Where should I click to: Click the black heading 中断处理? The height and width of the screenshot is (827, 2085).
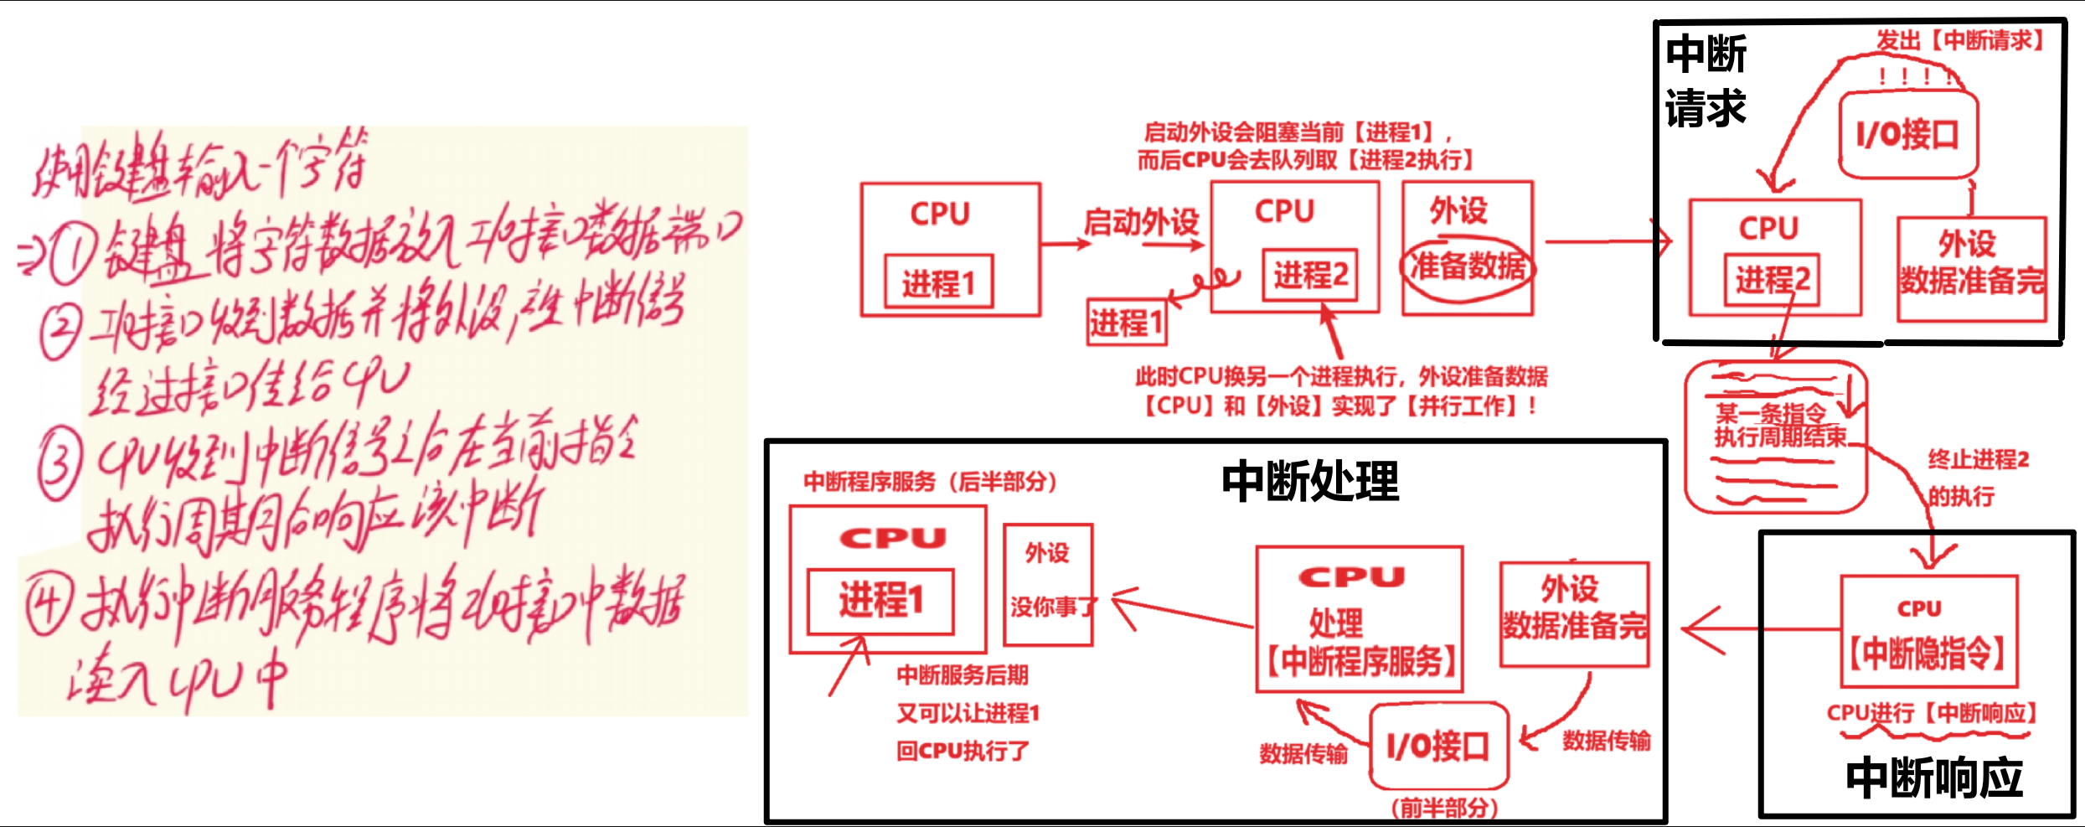click(x=1310, y=482)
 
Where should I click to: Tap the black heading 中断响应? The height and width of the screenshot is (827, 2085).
click(x=1934, y=778)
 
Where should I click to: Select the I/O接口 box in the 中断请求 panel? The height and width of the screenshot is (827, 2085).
click(x=1908, y=135)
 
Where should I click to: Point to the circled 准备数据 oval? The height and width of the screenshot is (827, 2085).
click(x=1468, y=266)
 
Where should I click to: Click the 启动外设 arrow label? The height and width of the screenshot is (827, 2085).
click(x=1141, y=223)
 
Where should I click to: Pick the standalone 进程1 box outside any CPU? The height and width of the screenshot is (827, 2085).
click(x=1126, y=323)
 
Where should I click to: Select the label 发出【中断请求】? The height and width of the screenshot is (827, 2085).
click(x=1959, y=40)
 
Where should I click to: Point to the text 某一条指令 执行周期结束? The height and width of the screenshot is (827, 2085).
click(x=1779, y=426)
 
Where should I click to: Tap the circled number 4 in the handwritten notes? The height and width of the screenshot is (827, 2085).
click(x=49, y=605)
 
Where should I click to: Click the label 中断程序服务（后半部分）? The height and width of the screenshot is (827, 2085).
click(x=930, y=482)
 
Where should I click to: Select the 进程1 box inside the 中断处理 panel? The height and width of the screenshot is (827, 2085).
click(x=880, y=601)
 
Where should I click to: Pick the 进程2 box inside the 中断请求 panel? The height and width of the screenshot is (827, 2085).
click(x=1772, y=279)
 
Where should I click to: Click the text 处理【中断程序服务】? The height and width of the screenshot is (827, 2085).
click(x=1359, y=644)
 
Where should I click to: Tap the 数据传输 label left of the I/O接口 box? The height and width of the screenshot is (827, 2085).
click(x=1303, y=754)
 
